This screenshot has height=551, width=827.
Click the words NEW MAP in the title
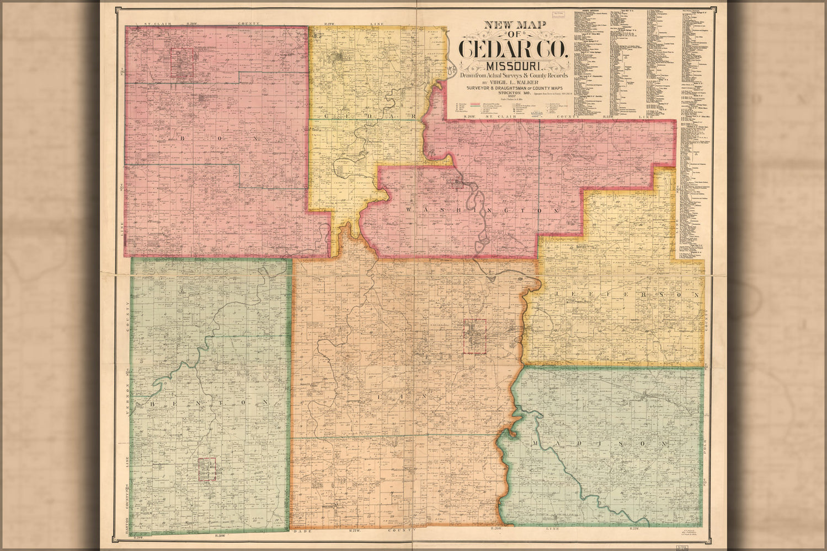coord(508,25)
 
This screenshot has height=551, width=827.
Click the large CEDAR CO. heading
coord(514,49)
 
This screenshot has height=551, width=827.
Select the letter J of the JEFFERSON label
coord(557,295)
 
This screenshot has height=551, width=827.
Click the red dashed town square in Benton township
coord(207,469)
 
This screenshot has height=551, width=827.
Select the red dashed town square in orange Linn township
coord(474,336)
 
